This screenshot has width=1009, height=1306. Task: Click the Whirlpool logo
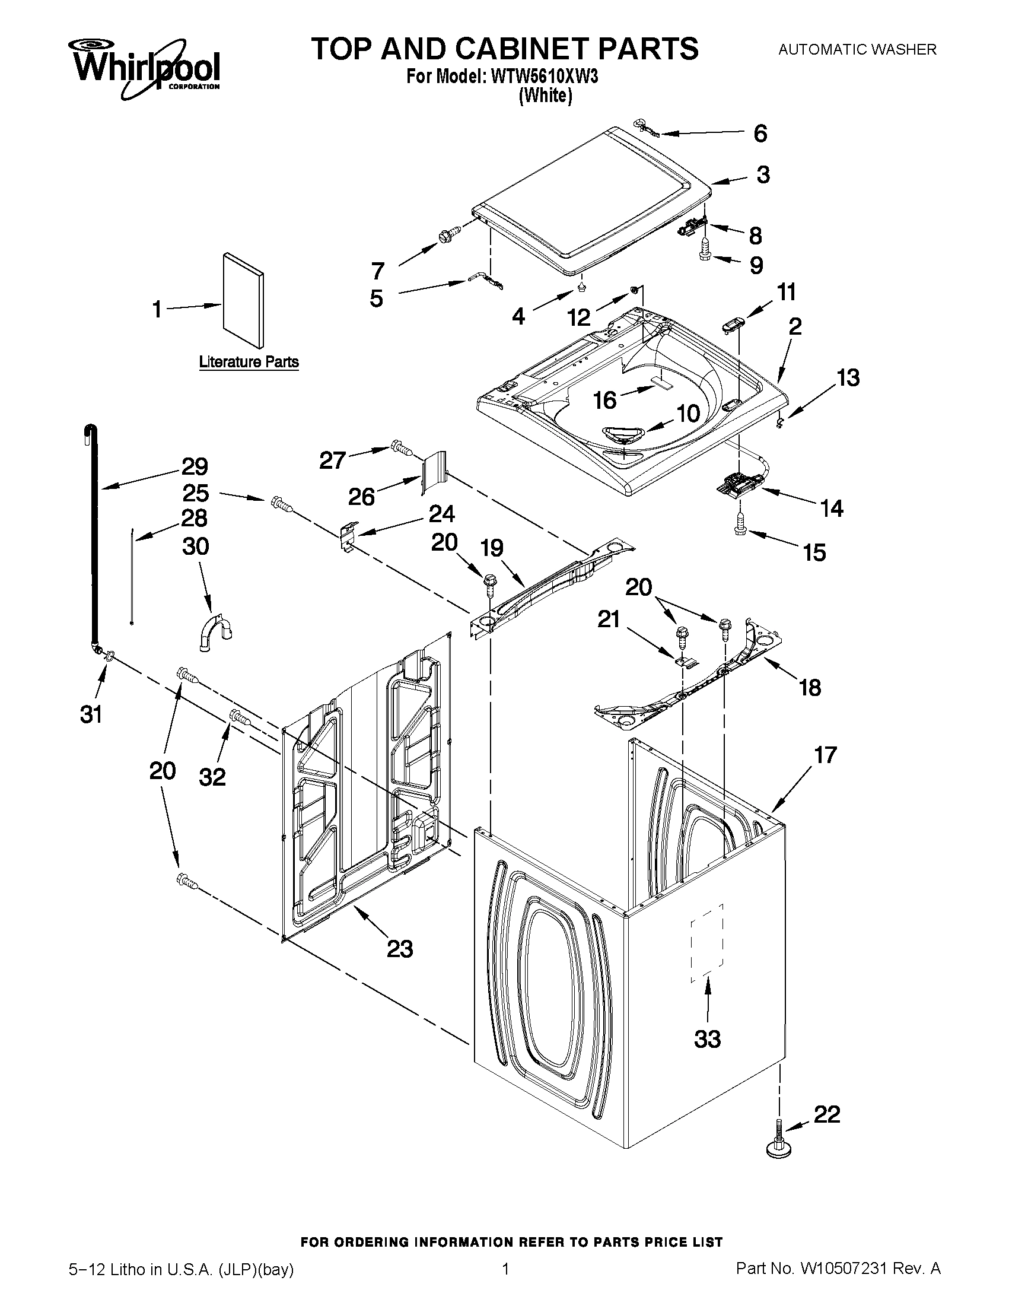[146, 68]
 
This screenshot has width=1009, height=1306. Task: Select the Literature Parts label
[249, 362]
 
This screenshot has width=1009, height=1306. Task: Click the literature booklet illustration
[243, 300]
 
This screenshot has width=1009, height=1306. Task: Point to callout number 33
[707, 1039]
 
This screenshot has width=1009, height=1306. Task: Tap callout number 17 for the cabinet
[825, 755]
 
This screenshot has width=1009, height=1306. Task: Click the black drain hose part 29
[93, 538]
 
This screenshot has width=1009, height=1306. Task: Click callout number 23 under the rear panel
[400, 949]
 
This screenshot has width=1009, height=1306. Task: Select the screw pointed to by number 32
[241, 717]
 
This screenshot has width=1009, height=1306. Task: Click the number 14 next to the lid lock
[832, 509]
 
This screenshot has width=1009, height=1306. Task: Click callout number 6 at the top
[760, 134]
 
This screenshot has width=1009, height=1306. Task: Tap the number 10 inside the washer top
[688, 412]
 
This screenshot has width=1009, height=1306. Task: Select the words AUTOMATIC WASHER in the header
[857, 50]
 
